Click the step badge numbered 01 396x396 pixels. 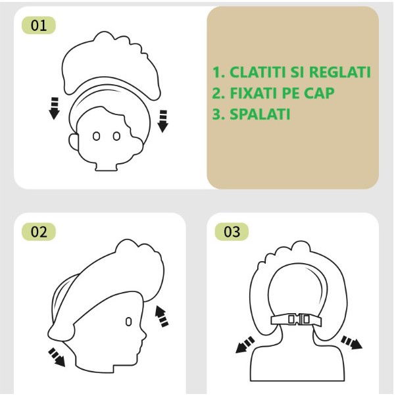coord(39,25)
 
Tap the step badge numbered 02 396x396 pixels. coord(39,232)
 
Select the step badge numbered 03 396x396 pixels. coord(232,232)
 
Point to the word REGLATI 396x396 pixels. coord(340,72)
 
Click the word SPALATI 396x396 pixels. coord(260,114)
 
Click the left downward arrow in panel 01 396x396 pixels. coord(54,108)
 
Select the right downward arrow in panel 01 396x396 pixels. coord(163,121)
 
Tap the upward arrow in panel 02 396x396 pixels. coord(161,316)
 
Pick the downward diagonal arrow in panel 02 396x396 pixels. coord(57,357)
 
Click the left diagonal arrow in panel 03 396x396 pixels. coord(245,345)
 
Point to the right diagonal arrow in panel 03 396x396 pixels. coord(351,342)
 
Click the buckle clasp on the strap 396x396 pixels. coord(299,320)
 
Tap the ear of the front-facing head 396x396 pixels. coord(73,142)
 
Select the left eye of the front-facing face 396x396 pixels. coord(96,136)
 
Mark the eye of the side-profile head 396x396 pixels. coord(128,322)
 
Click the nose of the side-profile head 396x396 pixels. coord(144,335)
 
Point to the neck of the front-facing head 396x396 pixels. coord(107,166)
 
